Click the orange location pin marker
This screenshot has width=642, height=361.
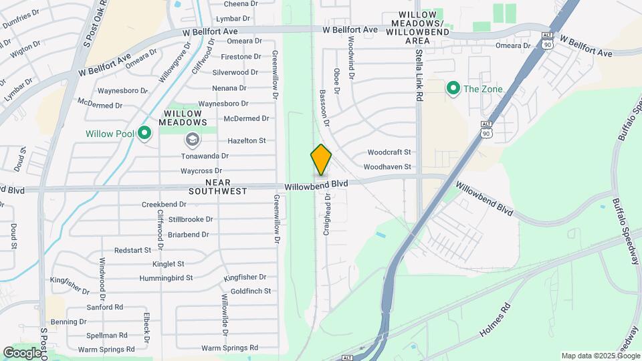(321, 159)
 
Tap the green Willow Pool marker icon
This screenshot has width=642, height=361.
(144, 134)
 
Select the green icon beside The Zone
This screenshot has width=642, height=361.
(453, 88)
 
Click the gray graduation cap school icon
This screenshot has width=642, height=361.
(193, 139)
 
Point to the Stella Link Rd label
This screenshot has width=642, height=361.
(419, 74)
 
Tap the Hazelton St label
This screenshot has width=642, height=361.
(247, 140)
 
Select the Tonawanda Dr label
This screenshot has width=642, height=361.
(205, 156)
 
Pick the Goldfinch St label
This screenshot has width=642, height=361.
(251, 291)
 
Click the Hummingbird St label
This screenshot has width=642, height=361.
(166, 277)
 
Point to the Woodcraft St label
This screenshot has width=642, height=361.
(389, 152)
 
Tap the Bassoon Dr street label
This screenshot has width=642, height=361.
(325, 108)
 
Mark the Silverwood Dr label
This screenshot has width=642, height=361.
(235, 72)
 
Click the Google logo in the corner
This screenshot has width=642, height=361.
(22, 352)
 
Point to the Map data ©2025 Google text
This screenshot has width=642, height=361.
(600, 356)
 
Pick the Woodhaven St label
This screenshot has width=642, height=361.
(387, 166)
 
